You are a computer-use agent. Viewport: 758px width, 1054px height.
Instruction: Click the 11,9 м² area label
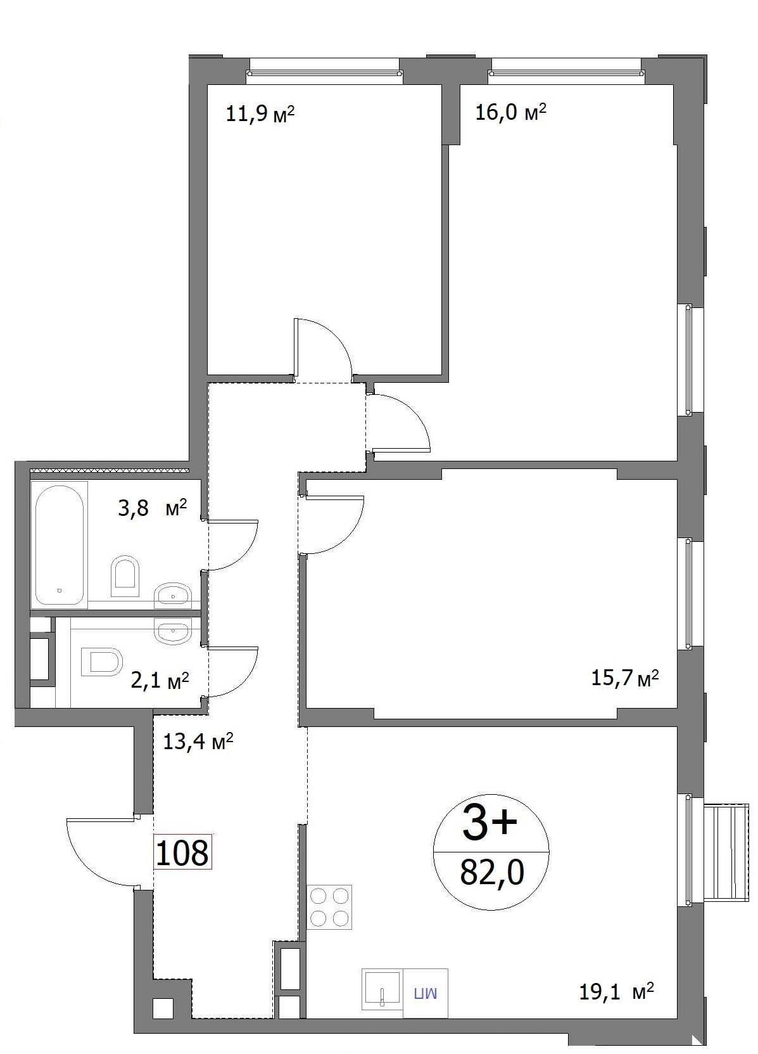point(260,114)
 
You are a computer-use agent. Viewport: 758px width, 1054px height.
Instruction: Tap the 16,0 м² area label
point(510,113)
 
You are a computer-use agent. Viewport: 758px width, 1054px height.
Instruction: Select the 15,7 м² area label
point(624,679)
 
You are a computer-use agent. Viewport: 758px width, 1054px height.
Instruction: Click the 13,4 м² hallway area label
point(198,742)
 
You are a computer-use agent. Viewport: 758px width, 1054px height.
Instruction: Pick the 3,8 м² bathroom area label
point(153,508)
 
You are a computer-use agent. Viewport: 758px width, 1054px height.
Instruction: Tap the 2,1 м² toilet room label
point(160,681)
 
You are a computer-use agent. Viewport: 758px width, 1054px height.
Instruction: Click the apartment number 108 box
point(182,853)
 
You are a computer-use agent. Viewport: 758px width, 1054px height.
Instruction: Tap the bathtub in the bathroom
point(60,545)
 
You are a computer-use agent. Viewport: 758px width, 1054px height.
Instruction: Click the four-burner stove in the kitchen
point(329,908)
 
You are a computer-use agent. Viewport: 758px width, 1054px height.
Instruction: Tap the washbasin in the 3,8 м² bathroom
point(173,595)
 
